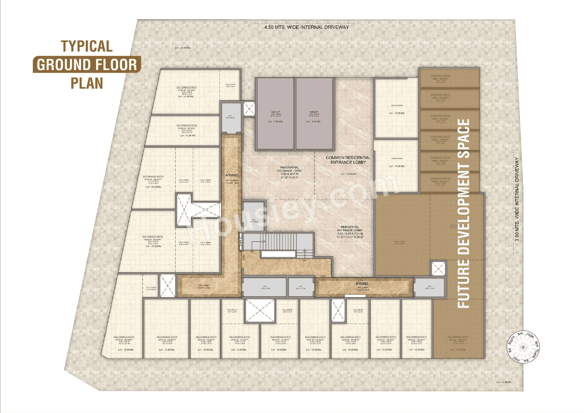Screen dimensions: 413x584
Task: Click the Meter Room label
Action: [397, 106]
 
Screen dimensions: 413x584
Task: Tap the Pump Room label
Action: [397, 158]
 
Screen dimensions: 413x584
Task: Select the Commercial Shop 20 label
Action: [440, 76]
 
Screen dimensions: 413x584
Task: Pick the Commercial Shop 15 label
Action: [440, 179]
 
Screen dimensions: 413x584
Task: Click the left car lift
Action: [275, 114]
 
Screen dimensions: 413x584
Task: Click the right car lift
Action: [314, 114]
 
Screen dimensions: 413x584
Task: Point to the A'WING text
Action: [232, 175]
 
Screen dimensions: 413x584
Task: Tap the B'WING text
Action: [362, 284]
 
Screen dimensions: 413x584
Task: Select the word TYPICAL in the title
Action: [86, 46]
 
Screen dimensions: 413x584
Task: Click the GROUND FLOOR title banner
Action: [87, 65]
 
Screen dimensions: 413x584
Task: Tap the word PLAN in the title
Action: [87, 83]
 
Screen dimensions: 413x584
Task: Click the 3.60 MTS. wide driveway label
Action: [517, 199]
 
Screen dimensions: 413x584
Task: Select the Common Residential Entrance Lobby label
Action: [348, 160]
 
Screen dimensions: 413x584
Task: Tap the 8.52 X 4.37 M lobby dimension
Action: [289, 174]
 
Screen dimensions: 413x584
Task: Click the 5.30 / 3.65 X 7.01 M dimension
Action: [350, 233]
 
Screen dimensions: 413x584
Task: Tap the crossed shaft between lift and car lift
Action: [249, 109]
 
